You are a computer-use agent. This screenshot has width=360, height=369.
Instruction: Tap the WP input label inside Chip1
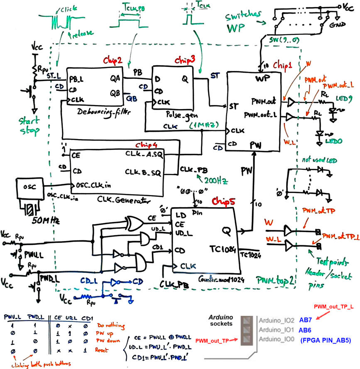[x=259, y=78]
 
